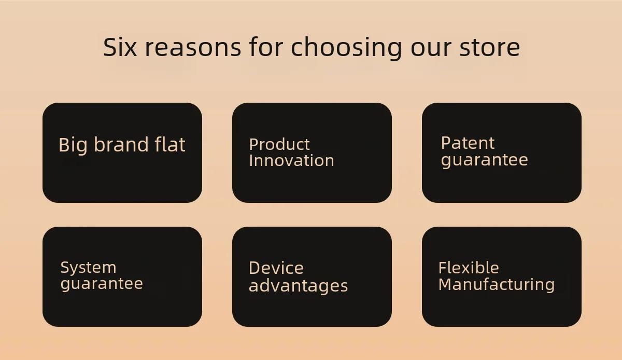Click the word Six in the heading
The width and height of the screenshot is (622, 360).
click(120, 47)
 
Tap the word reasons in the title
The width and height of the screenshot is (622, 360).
click(193, 48)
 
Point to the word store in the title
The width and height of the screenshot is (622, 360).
click(489, 48)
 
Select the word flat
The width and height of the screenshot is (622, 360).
click(170, 144)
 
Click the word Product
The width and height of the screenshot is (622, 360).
click(279, 145)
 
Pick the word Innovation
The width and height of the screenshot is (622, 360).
click(291, 160)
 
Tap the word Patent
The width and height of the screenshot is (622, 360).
click(468, 143)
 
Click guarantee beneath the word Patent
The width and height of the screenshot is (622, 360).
click(484, 160)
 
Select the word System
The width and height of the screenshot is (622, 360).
click(88, 268)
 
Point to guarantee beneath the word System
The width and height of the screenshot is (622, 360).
click(102, 284)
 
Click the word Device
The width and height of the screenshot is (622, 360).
click(276, 268)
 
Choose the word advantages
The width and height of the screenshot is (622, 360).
click(298, 286)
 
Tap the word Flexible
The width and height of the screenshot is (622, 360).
click(469, 268)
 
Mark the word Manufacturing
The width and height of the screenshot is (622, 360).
click(497, 285)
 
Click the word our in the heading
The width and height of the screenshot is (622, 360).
click(431, 49)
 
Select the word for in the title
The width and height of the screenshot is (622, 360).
click(266, 47)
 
